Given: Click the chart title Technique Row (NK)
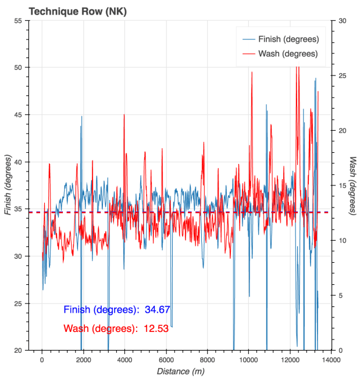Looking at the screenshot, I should coord(66,11).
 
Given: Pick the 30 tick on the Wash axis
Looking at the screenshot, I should coord(341,20).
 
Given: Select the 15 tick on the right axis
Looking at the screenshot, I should coord(341,185).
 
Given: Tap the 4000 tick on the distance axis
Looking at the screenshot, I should coord(124,360).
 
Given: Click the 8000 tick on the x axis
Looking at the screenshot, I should coord(207,360).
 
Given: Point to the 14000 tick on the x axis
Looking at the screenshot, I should coord(331,360).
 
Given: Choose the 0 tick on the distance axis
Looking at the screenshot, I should coord(42,360).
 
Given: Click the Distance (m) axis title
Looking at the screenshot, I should coord(180,371).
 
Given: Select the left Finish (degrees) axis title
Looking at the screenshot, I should coord(8,185).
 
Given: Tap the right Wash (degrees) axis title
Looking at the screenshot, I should coord(352,185).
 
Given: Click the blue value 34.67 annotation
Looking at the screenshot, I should coord(157,309).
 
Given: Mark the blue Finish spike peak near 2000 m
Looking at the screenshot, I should coord(81,116).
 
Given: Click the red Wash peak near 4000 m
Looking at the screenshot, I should coord(124,115).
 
